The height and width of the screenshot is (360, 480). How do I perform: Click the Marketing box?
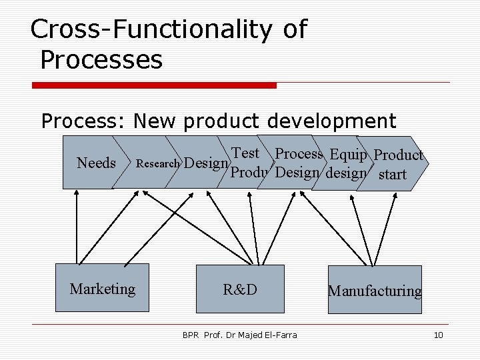[102, 289]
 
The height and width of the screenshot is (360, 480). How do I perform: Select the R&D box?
[240, 289]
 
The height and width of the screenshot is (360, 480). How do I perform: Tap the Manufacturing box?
[374, 290]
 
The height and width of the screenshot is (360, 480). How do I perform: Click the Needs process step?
[97, 163]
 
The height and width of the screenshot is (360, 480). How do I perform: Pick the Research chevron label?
[157, 163]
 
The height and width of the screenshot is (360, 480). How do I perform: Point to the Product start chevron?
[398, 164]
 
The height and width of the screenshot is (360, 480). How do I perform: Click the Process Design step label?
[298, 163]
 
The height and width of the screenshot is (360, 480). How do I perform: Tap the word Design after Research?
[205, 163]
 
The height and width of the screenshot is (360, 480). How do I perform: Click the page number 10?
[437, 335]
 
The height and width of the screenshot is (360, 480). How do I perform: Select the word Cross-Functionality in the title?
[151, 29]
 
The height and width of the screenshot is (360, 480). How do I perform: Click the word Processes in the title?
[101, 60]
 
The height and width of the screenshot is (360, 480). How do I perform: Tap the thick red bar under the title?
[153, 85]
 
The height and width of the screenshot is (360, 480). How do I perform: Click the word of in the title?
[294, 29]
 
